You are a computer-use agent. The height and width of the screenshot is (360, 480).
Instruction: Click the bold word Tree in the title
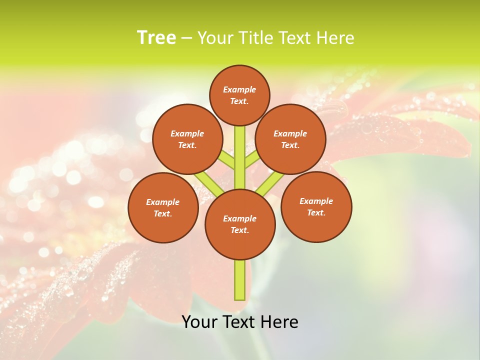pyautogui.click(x=156, y=37)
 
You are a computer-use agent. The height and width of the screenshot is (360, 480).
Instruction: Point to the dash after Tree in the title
pyautogui.click(x=186, y=38)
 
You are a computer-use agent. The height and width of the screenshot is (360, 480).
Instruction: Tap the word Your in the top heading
pyautogui.click(x=215, y=38)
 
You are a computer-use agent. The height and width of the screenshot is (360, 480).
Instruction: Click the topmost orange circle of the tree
pyautogui.click(x=239, y=95)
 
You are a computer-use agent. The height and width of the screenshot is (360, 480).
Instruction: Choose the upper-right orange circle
pyautogui.click(x=290, y=139)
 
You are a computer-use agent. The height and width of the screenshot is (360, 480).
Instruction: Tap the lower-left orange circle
pyautogui.click(x=163, y=207)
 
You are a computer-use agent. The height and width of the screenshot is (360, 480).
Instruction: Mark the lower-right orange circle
pyautogui.click(x=316, y=206)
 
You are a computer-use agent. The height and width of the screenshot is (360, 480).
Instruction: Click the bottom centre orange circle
pyautogui.click(x=240, y=224)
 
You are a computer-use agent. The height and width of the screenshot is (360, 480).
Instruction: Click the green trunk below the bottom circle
pyautogui.click(x=240, y=280)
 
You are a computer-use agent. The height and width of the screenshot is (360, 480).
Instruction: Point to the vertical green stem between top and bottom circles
pyautogui.click(x=240, y=157)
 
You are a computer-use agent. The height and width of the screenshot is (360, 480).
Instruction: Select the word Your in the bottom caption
pyautogui.click(x=199, y=322)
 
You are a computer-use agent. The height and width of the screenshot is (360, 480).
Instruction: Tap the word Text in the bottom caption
pyautogui.click(x=237, y=322)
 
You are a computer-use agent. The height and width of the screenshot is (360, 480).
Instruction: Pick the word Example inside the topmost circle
pyautogui.click(x=239, y=89)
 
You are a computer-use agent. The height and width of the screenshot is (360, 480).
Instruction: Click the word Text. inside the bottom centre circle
pyautogui.click(x=239, y=230)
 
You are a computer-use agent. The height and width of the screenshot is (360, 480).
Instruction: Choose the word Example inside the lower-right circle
pyautogui.click(x=316, y=201)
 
